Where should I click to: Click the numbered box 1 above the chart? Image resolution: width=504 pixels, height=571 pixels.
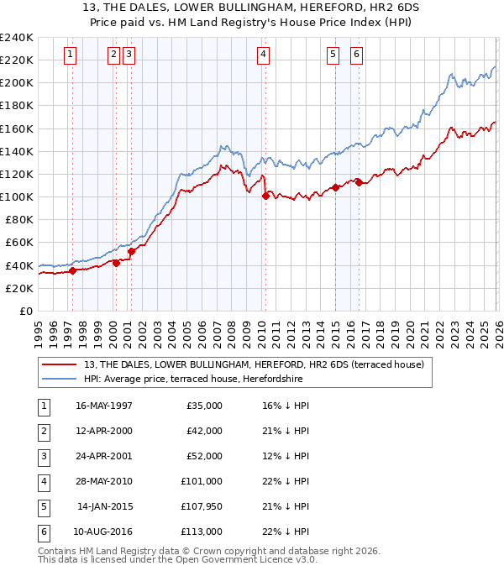pos(69,55)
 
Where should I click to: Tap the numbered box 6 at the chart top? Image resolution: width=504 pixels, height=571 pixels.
pos(356,55)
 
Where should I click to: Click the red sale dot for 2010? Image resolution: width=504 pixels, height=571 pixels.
pos(266,196)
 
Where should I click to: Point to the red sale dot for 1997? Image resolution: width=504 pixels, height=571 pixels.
pos(73,270)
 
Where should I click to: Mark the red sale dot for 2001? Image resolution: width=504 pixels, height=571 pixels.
pos(131,251)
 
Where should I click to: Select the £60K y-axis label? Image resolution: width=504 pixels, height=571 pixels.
pos(18,243)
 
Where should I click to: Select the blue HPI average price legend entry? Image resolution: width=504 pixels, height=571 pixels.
pos(192,379)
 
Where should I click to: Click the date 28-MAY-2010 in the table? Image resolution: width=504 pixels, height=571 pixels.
pos(103,481)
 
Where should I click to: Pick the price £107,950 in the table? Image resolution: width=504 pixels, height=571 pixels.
pos(198,506)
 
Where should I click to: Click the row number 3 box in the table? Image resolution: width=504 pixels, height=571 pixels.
pos(42,456)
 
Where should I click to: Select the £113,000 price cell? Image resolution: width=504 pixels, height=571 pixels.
pos(201,532)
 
